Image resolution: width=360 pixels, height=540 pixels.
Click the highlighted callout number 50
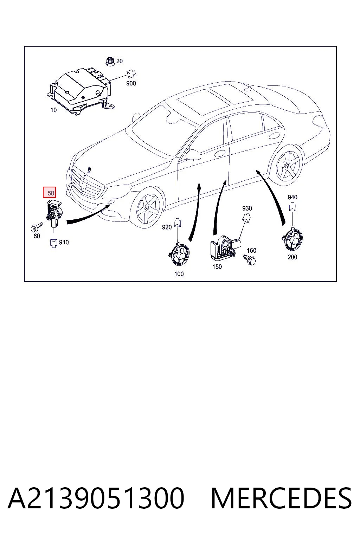[x=50, y=192]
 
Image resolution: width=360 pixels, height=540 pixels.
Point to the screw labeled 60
[x=37, y=227]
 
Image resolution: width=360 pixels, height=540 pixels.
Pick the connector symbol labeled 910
[x=53, y=243]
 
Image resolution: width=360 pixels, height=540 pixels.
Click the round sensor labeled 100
[x=179, y=254]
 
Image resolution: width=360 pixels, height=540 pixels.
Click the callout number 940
[x=292, y=197]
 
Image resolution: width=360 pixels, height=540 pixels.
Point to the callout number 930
[x=247, y=208]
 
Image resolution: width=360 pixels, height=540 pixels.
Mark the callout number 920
[x=167, y=227]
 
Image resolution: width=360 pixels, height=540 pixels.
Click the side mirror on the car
[x=193, y=155]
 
